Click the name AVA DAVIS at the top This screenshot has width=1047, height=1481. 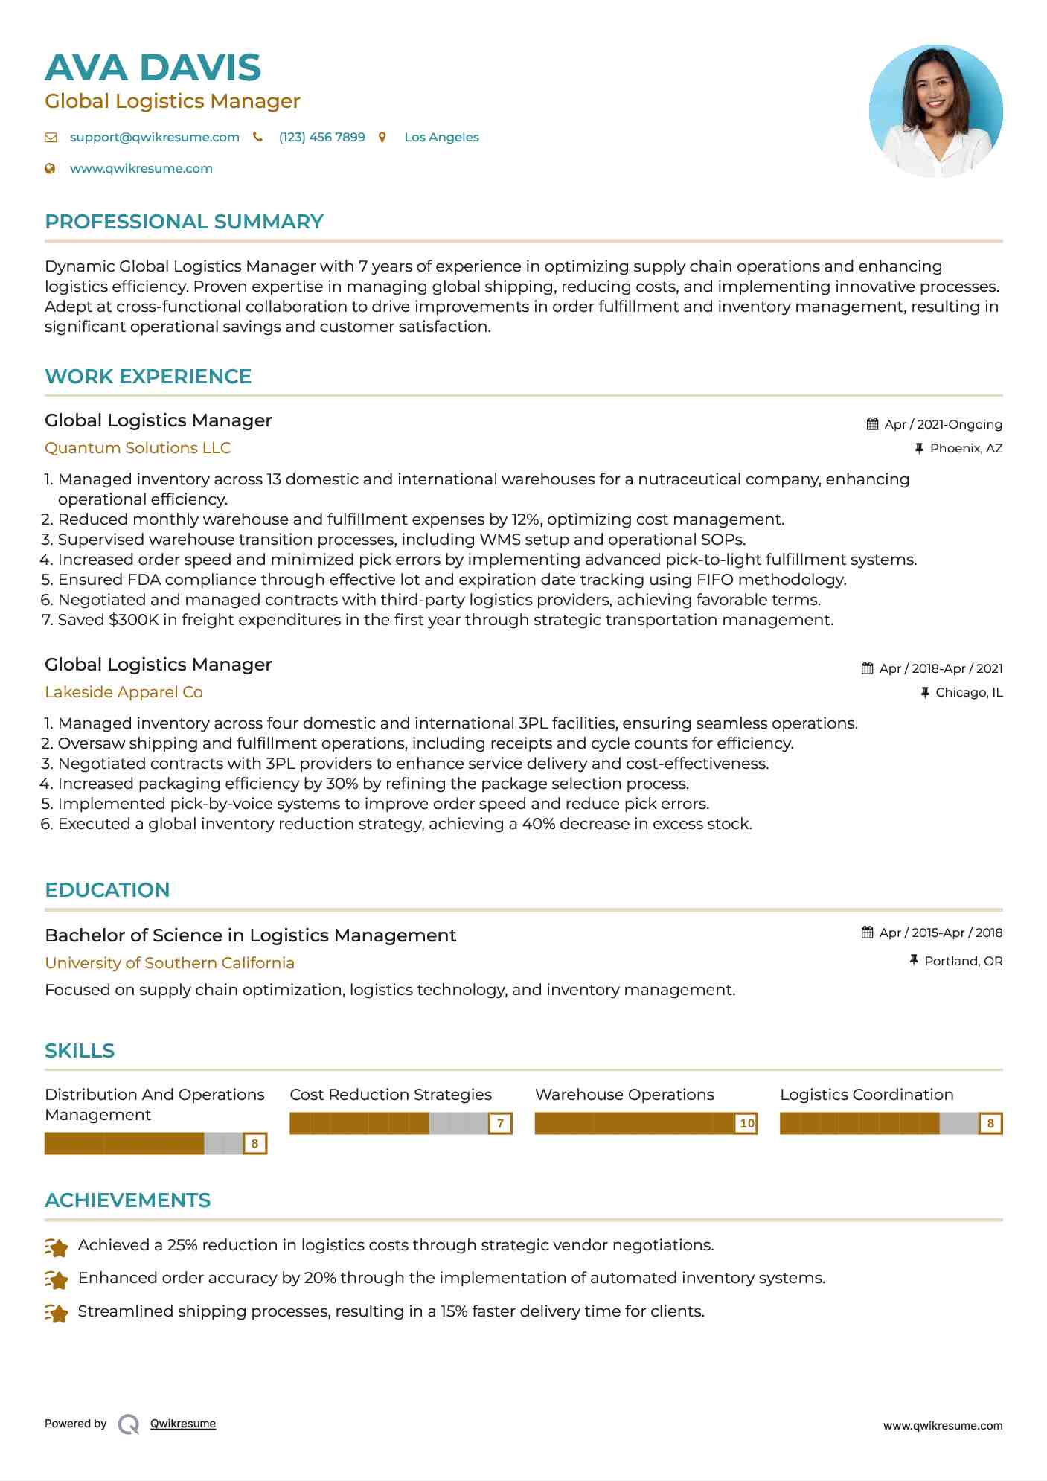(x=153, y=68)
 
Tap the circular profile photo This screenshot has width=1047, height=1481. (x=935, y=111)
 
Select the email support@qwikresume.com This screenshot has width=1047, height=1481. (x=154, y=138)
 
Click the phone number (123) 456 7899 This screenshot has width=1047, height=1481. (x=321, y=138)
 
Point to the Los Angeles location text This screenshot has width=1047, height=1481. (x=441, y=138)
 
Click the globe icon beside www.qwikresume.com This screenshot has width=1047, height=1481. (x=51, y=169)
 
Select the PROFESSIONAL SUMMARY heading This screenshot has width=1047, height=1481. (x=184, y=222)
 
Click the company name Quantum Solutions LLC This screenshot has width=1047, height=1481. (x=138, y=448)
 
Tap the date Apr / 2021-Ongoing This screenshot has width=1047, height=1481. (x=943, y=424)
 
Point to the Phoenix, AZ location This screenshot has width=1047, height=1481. (x=966, y=448)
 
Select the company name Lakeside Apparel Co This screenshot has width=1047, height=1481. (x=124, y=692)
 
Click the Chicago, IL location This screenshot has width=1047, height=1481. (x=969, y=692)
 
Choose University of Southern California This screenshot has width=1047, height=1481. (x=170, y=963)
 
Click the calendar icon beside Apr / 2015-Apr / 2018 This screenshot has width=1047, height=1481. (x=867, y=933)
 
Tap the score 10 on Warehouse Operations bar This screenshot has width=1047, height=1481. (x=746, y=1123)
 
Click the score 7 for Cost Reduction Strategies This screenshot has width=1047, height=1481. (x=501, y=1123)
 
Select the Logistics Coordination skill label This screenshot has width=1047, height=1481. (x=866, y=1095)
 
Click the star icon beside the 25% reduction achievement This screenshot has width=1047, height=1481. (x=57, y=1247)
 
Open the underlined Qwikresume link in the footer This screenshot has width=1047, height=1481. (x=183, y=1424)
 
